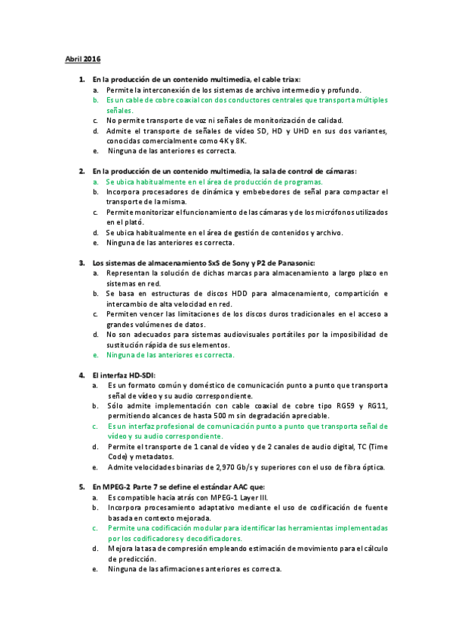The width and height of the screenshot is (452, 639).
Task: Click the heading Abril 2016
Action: click(82, 59)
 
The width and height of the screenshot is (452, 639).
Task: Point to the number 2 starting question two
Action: click(81, 171)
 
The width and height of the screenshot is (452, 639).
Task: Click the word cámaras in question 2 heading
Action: click(339, 171)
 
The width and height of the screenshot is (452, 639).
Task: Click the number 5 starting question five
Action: click(81, 487)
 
